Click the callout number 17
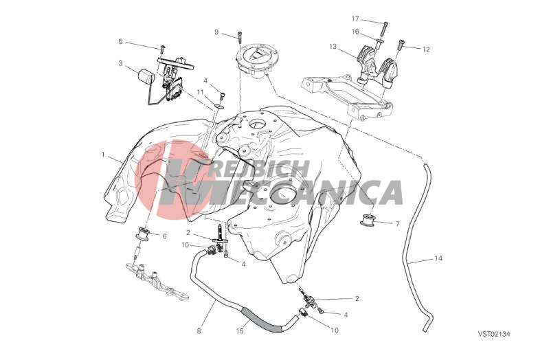(x=355, y=19)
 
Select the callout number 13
(x=333, y=46)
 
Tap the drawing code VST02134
(x=495, y=333)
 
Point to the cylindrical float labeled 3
(x=146, y=76)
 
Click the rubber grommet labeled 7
(x=368, y=221)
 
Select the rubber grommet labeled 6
(x=143, y=234)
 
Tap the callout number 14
(x=438, y=258)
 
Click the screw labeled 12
(x=400, y=45)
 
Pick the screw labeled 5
(x=163, y=49)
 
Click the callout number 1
(x=103, y=155)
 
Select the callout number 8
(x=199, y=331)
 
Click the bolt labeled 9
(x=239, y=36)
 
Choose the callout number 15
(x=240, y=331)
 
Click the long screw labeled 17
(x=384, y=30)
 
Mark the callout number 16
(x=355, y=32)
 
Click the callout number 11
(x=201, y=92)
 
